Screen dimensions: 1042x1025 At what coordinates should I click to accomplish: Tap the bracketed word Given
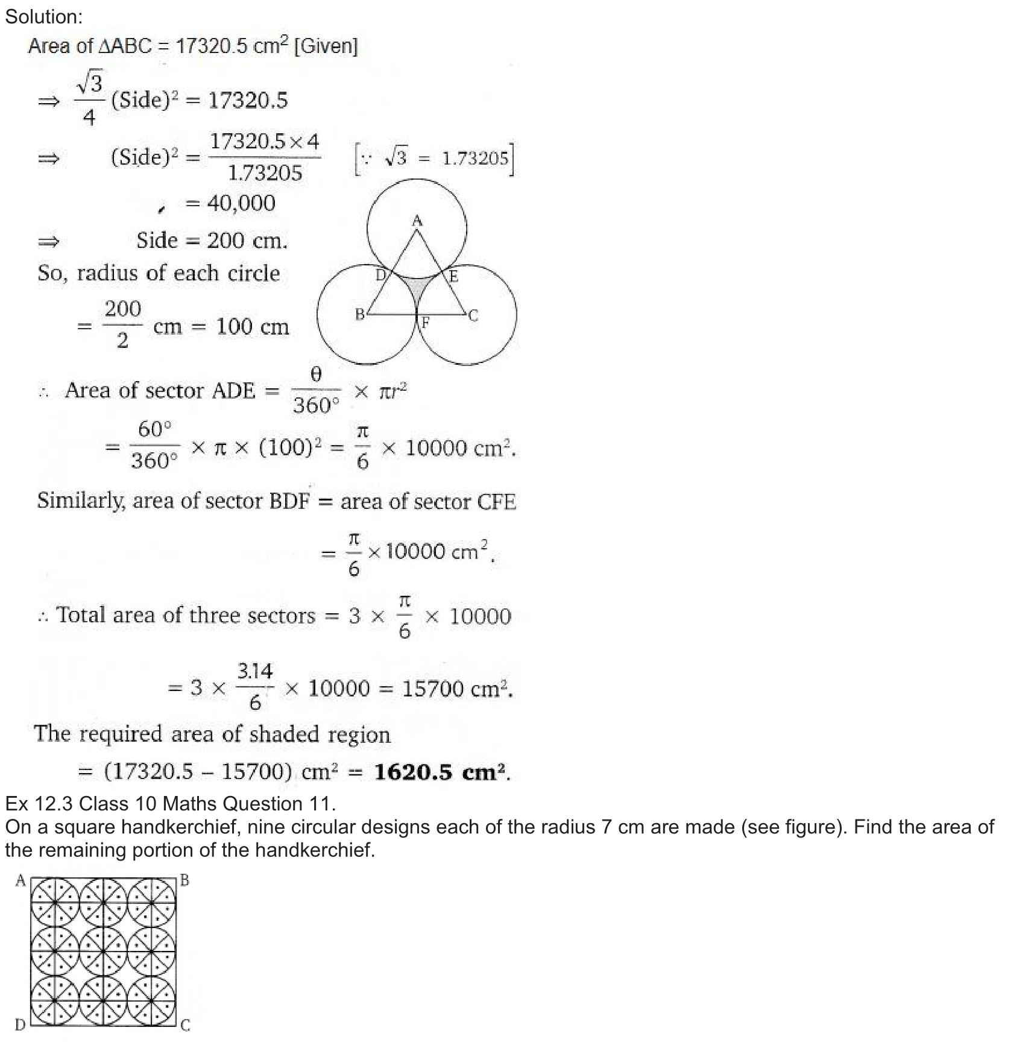pos(326,46)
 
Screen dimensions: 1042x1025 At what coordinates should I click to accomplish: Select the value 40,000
pos(241,203)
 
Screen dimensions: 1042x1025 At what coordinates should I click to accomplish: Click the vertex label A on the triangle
pos(417,221)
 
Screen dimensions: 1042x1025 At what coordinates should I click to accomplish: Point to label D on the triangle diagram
pos(380,276)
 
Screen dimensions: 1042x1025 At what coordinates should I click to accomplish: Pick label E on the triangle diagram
pos(453,277)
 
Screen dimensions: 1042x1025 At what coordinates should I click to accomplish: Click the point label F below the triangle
pos(425,323)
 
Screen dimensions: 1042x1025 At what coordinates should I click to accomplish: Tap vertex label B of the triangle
pos(359,314)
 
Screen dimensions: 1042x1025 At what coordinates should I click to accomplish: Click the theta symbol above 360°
pos(316,374)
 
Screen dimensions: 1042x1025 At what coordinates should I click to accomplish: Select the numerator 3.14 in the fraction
pos(255,671)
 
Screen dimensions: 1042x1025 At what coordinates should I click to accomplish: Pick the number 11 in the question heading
pos(321,804)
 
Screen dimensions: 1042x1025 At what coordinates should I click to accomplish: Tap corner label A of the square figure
pos(20,881)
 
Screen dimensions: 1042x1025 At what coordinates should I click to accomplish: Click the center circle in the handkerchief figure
pos(103,952)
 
